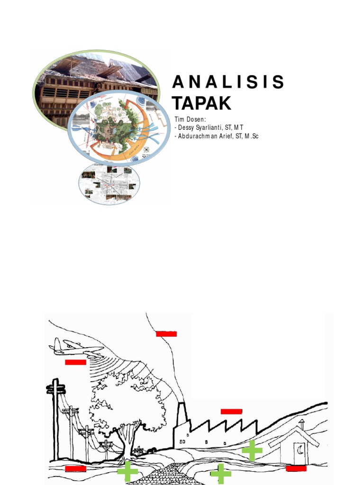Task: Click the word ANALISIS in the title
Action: click(228, 82)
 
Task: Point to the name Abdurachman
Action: click(199, 136)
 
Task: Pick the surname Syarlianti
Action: click(213, 128)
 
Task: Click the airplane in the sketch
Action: click(76, 347)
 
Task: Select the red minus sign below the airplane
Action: click(75, 362)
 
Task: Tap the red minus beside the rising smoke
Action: click(166, 334)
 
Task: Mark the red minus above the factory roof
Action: click(231, 411)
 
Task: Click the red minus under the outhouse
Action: click(296, 468)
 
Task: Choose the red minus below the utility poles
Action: click(75, 468)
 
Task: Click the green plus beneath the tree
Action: click(127, 472)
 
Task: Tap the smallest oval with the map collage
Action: click(109, 184)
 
